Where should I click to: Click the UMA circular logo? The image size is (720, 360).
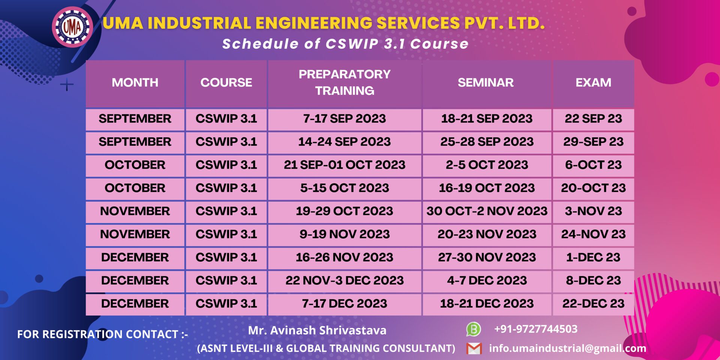coord(72,27)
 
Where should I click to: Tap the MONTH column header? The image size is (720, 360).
coord(135,82)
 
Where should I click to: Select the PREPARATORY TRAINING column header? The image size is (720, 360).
coord(345,82)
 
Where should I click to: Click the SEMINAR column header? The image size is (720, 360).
coord(486,82)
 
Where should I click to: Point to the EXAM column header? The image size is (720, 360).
coord(593,82)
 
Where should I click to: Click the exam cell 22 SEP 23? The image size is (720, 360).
coord(593,118)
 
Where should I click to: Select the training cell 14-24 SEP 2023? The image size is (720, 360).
coord(345,142)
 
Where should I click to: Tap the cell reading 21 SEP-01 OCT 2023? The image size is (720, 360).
coord(345,165)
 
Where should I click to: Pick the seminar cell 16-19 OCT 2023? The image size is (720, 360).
coord(487,188)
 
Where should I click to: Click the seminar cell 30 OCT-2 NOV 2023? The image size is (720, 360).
coord(487,211)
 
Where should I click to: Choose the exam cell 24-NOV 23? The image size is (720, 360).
coord(593,234)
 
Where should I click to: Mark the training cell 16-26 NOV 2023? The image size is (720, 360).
coord(345,257)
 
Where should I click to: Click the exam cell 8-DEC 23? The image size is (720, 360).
coord(593,280)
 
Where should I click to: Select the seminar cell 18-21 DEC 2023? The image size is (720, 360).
coord(487,303)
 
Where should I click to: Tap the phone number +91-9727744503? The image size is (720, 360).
coord(536,329)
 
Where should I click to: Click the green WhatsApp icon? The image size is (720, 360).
coord(474,329)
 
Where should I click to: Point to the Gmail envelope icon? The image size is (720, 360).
coord(474,349)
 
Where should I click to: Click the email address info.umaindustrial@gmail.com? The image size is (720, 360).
coord(568,348)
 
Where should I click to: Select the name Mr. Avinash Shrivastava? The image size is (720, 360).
coord(317,330)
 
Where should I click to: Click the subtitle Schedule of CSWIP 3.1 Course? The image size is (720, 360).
coord(345,44)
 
